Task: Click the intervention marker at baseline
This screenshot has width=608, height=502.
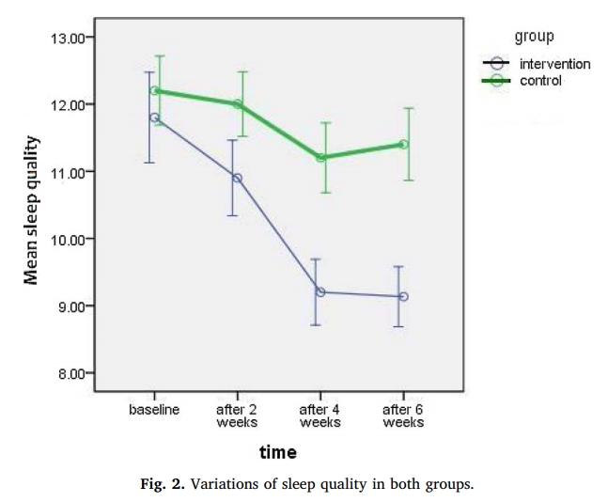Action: point(154,118)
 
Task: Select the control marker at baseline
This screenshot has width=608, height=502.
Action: point(154,91)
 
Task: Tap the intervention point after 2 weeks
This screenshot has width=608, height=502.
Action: point(237,178)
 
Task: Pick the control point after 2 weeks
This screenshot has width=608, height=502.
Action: point(237,104)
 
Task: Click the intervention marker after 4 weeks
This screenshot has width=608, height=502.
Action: point(320,291)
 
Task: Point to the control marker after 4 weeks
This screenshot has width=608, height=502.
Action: point(320,157)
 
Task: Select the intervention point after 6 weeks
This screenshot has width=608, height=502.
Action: point(403,296)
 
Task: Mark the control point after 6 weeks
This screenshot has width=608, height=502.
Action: point(403,144)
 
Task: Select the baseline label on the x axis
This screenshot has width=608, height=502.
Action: point(154,411)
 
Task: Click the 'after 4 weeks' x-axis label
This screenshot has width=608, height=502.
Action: point(320,416)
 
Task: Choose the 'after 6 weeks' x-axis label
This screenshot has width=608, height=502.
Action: point(403,416)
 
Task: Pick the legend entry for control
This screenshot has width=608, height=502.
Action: point(540,81)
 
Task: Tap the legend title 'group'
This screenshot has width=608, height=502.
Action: point(534,37)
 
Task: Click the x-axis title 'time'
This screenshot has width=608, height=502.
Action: point(278,452)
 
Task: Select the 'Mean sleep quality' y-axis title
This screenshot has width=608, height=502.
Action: point(32,209)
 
